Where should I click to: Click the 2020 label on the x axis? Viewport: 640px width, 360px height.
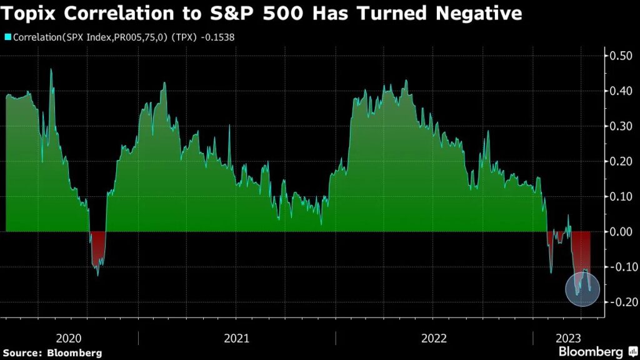point(69,338)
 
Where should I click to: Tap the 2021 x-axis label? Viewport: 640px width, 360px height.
point(236,338)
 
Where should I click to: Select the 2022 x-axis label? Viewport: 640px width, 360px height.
point(434,338)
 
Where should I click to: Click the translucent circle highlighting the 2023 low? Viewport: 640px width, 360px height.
point(582,289)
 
